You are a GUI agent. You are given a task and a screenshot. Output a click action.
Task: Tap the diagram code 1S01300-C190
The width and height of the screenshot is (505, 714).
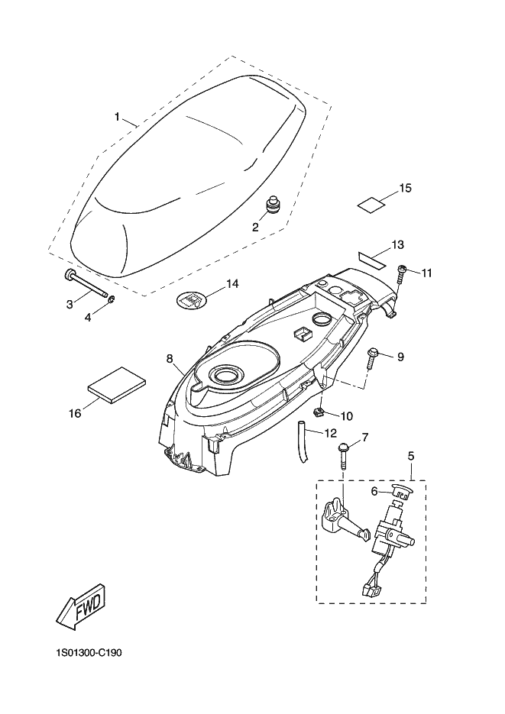coord(89,654)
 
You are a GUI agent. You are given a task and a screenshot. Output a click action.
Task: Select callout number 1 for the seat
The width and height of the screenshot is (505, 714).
coord(117,117)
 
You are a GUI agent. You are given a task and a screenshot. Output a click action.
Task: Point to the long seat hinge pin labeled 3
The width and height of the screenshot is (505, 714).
coord(86,285)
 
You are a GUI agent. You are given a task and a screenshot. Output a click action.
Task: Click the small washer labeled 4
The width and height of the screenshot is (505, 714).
coord(111,299)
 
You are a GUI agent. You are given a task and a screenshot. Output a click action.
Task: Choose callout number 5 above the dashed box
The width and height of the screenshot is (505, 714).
coord(411,456)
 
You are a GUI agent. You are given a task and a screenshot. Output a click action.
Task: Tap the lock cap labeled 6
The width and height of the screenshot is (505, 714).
coord(401,491)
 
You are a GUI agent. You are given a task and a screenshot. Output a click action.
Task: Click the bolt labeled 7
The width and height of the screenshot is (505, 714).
coord(342,454)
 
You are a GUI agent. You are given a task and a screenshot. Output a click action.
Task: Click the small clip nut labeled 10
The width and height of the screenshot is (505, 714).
coord(319,412)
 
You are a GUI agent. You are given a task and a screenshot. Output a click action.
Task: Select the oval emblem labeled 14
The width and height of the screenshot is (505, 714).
coord(192,299)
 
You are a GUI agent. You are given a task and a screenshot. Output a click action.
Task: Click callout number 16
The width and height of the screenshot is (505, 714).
coord(75,413)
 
